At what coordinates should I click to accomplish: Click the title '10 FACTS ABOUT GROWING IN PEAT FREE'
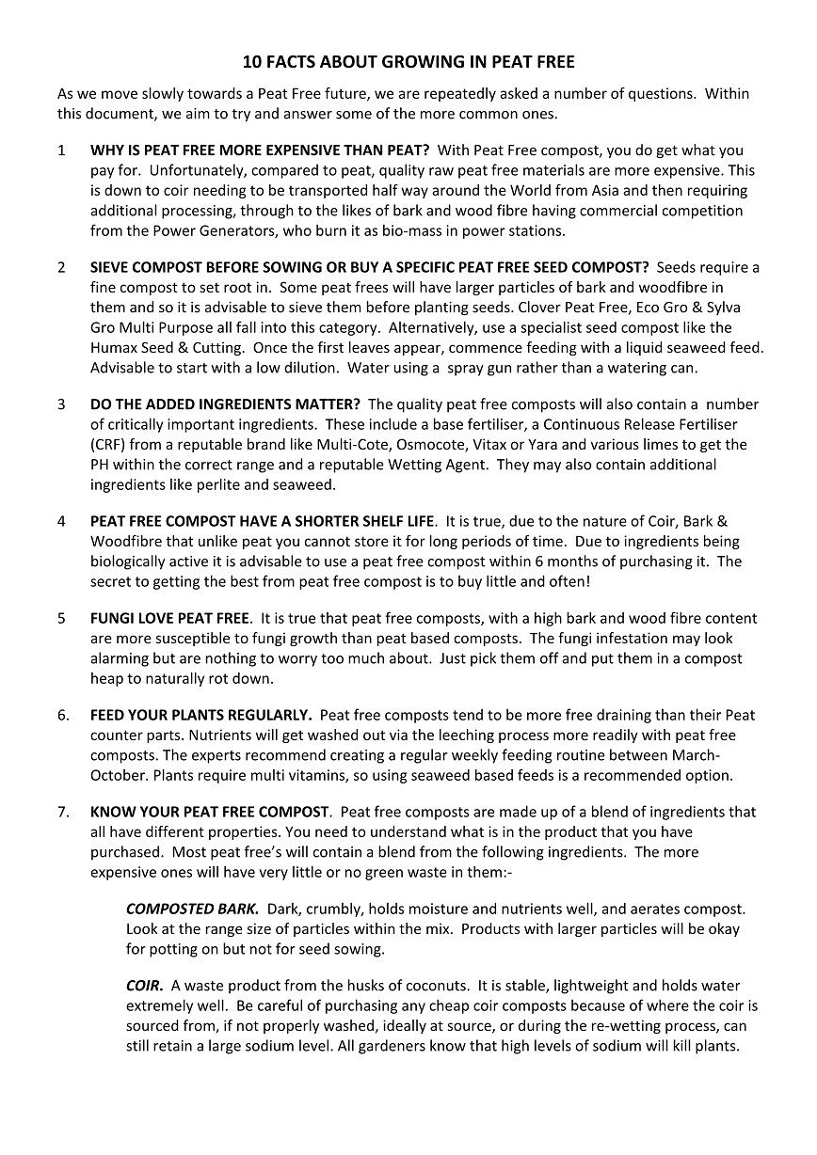408,63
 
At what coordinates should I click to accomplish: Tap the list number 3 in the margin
61,404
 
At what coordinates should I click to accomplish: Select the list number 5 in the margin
61,618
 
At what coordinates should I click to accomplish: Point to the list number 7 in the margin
62,812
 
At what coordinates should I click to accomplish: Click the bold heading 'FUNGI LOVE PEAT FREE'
170,618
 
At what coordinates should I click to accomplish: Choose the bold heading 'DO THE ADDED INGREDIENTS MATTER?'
225,404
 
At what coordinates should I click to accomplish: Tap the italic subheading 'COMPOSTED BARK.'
193,909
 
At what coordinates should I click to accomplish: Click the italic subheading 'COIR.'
145,986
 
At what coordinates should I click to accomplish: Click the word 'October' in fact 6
117,775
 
